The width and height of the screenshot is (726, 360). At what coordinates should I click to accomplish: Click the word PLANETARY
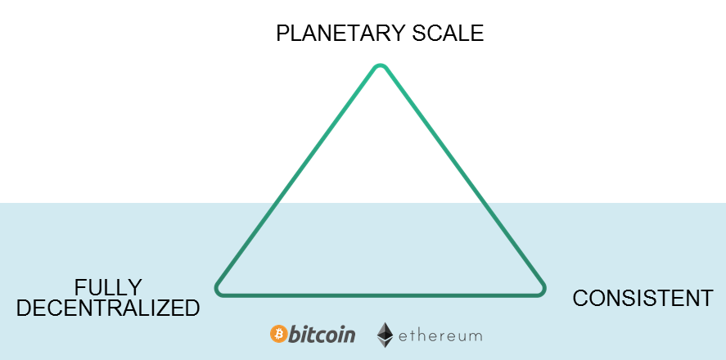pos(342,34)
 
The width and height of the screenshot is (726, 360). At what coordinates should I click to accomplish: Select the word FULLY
pos(108,287)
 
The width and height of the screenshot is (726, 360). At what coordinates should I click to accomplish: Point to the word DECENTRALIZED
pos(108,308)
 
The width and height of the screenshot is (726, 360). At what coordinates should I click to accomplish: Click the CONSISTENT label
pos(643,299)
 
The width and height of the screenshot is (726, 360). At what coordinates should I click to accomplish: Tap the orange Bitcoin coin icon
pos(278,334)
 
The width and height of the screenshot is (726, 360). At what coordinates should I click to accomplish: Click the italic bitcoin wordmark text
pos(322,334)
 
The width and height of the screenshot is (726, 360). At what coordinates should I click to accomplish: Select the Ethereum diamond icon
pos(385,335)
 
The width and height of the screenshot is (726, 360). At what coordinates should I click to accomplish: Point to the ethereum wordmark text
pos(440,335)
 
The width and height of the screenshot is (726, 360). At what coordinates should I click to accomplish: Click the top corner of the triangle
pos(379,67)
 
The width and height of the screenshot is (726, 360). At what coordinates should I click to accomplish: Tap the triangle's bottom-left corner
pos(219,289)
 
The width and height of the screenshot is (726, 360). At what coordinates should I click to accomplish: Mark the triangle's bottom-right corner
pos(540,289)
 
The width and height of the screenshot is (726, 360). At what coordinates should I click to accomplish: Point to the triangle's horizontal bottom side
pos(380,293)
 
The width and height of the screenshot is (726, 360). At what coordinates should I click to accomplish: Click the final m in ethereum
pos(476,336)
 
